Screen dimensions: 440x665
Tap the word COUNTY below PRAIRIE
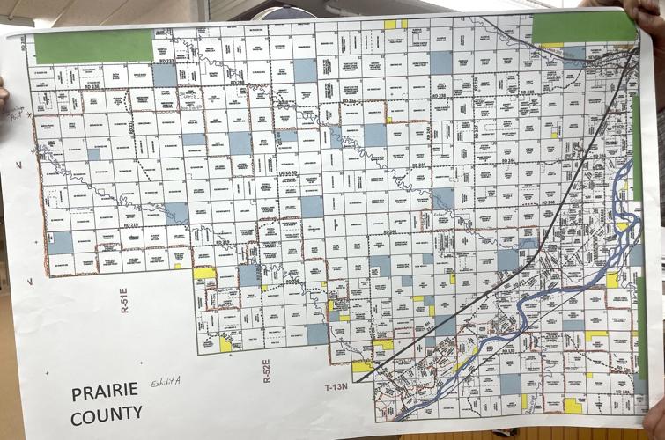[107, 412]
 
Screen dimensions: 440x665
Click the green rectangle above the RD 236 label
[94, 46]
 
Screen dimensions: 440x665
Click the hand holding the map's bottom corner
[654, 421]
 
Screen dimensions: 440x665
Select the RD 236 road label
[91, 86]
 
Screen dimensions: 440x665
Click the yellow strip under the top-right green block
[552, 45]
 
